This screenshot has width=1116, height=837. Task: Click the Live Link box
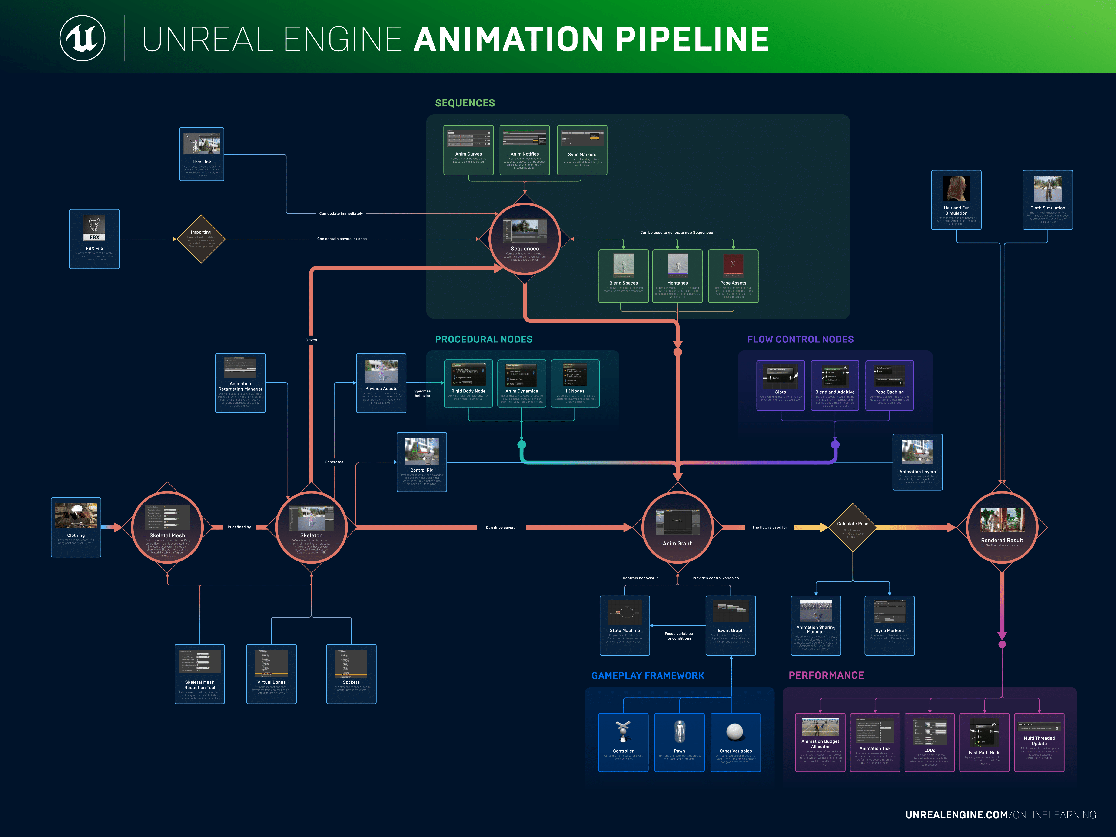click(x=202, y=154)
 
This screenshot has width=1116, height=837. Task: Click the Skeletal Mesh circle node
click(x=167, y=527)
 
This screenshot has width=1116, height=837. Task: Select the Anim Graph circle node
click(x=678, y=527)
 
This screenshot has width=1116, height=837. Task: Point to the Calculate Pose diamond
click(x=853, y=527)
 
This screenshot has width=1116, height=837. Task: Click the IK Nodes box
click(x=575, y=383)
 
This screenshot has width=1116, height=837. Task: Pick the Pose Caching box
click(x=889, y=385)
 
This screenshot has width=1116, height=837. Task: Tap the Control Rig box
click(x=422, y=462)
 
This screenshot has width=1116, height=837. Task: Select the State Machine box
click(x=624, y=625)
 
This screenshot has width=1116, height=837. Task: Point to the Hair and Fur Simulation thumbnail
click(x=956, y=189)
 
